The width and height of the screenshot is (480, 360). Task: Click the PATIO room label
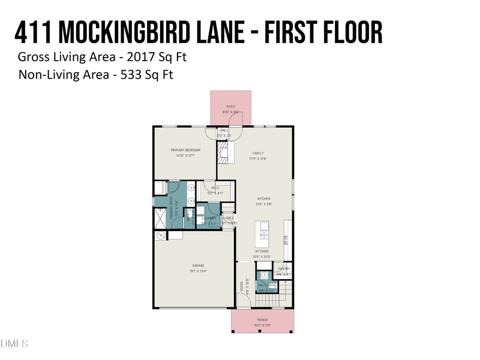tap(231, 106)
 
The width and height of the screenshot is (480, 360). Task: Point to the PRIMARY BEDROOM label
tap(185, 150)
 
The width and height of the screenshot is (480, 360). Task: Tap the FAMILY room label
tap(258, 153)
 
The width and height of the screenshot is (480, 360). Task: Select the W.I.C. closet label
tap(215, 188)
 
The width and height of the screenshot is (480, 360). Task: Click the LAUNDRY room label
tap(209, 218)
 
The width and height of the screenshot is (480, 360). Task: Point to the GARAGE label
tap(199, 265)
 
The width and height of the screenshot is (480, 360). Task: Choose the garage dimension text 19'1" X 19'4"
tap(199, 271)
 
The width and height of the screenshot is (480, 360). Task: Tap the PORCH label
tap(262, 320)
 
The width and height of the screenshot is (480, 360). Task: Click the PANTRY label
tap(284, 269)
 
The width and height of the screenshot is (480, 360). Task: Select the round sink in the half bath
tap(264, 275)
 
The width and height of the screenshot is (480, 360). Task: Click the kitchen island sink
tap(263, 233)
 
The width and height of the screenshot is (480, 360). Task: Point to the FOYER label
tap(242, 287)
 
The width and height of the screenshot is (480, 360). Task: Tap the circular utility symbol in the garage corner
tap(161, 236)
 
